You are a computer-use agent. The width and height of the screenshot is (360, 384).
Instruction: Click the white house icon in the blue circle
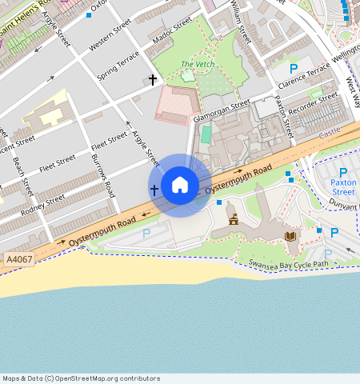point(180,186)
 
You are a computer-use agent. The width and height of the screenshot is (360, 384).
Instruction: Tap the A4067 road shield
point(19,260)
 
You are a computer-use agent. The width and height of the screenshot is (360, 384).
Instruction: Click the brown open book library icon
point(290,236)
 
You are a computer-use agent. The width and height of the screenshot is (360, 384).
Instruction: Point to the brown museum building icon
point(234,219)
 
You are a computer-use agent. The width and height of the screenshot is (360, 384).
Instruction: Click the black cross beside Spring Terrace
point(152,80)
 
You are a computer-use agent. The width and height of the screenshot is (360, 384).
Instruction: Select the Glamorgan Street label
point(222,110)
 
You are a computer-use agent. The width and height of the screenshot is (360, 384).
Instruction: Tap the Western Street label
point(110,36)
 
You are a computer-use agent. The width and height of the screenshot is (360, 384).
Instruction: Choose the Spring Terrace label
point(118,65)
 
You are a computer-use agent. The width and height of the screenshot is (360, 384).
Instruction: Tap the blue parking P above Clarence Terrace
point(294,69)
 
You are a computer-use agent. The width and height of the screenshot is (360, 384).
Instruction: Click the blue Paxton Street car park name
point(343,187)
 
